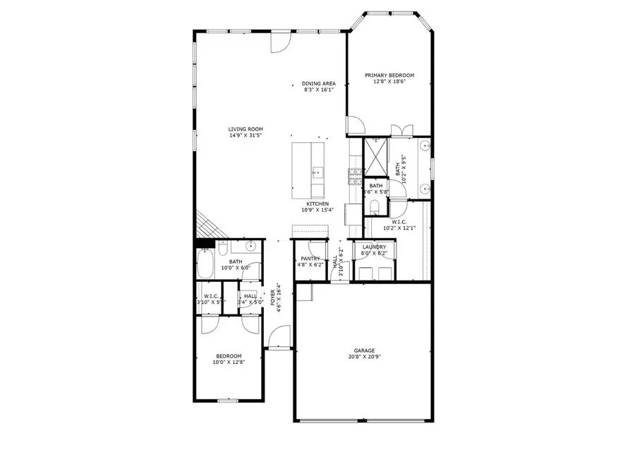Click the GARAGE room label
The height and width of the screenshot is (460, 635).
tap(364, 350)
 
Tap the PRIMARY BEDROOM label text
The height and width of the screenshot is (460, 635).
tap(389, 75)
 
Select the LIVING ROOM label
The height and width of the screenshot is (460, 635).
tap(245, 129)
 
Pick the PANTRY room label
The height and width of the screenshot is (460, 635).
tap(310, 259)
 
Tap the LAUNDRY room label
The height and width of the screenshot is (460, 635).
tap(374, 247)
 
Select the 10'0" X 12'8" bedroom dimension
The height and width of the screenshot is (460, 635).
tap(228, 362)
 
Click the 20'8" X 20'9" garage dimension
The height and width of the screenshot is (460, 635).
tap(364, 358)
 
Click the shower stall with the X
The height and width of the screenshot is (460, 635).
tap(376, 156)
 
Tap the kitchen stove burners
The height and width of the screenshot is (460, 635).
tap(354, 173)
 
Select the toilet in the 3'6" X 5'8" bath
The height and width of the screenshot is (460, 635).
tap(374, 206)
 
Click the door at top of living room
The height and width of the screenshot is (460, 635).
tap(280, 40)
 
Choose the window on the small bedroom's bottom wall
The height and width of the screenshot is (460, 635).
tap(227, 401)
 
